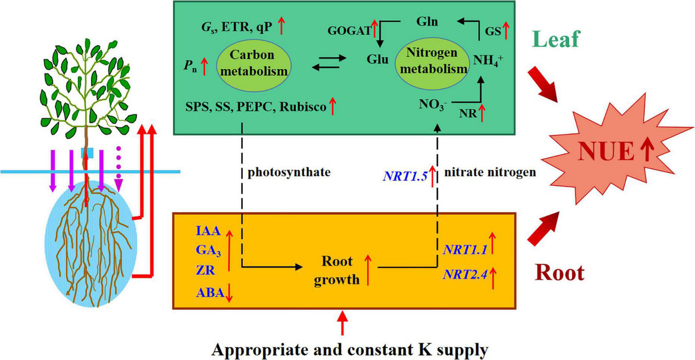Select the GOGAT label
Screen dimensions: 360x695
[349, 31]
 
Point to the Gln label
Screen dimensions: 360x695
[427, 22]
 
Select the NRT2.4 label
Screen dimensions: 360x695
[465, 275]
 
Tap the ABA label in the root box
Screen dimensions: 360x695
[210, 293]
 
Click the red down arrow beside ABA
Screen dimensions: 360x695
[229, 293]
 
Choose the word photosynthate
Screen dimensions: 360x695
[289, 172]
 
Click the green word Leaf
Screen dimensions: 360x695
[556, 39]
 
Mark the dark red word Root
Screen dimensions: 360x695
[560, 273]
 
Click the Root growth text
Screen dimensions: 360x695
[337, 270]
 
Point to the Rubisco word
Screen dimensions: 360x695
[303, 107]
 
